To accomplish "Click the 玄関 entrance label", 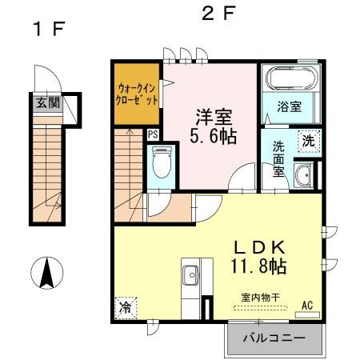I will coord(47,102).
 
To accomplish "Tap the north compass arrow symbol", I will coord(46,274).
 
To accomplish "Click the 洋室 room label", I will coord(211,115).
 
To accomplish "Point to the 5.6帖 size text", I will coord(212,136).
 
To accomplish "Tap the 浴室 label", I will coord(289,105).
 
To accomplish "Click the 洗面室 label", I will coord(278,158).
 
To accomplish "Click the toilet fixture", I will coord(162,164).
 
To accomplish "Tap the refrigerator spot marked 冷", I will coord(126,306).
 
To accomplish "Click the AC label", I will coord(307,304).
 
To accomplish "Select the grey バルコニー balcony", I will coord(273,338).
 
